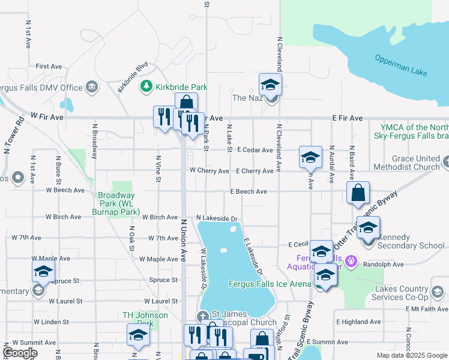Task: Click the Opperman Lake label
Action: pos(401,65)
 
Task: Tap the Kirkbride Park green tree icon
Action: pos(145,88)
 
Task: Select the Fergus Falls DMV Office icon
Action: pos(92,88)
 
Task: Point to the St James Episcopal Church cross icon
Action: pos(203,316)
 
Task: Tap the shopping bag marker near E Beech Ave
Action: pos(358,194)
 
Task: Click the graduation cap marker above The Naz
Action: pos(270,85)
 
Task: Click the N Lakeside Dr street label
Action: pos(217,218)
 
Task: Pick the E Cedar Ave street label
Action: pos(255,149)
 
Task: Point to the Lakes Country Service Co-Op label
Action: pos(402,293)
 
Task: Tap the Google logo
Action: pos(20,353)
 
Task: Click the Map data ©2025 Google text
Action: pos(411,355)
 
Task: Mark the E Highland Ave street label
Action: pos(358,322)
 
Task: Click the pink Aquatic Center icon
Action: pos(352,261)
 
